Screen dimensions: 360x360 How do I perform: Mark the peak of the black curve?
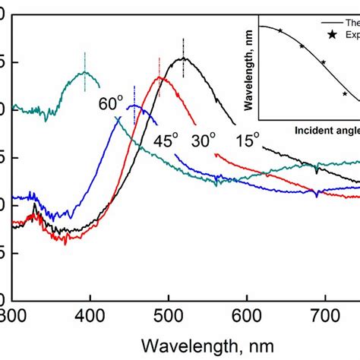[x=184, y=58]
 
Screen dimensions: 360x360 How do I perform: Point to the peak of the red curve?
[x=159, y=77]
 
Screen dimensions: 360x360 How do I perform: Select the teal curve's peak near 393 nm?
[x=84, y=72]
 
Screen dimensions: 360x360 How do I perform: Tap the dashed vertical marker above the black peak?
[x=184, y=47]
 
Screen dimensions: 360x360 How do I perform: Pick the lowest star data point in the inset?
[x=345, y=94]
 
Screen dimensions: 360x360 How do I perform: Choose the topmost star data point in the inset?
[x=280, y=30]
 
